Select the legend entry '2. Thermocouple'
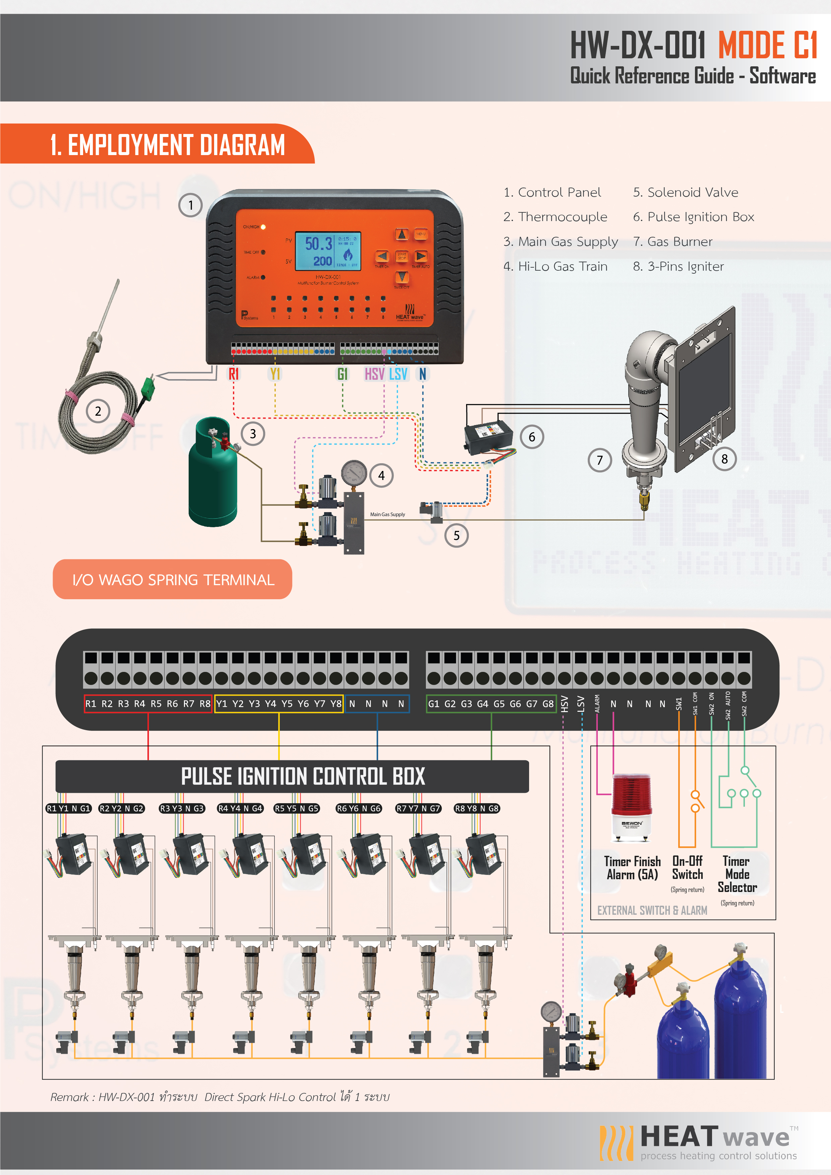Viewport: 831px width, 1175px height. pyautogui.click(x=555, y=217)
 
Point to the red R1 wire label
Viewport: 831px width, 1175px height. pyautogui.click(x=234, y=374)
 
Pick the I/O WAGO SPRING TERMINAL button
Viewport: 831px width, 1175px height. pyautogui.click(x=173, y=579)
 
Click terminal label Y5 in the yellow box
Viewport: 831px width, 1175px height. pyautogui.click(x=287, y=704)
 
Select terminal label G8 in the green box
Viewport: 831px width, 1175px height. pyautogui.click(x=547, y=704)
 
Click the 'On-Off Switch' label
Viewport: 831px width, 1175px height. pyautogui.click(x=687, y=868)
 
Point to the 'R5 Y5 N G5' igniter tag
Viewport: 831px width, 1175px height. pyautogui.click(x=297, y=809)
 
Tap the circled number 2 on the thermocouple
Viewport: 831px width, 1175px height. pyautogui.click(x=98, y=411)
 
